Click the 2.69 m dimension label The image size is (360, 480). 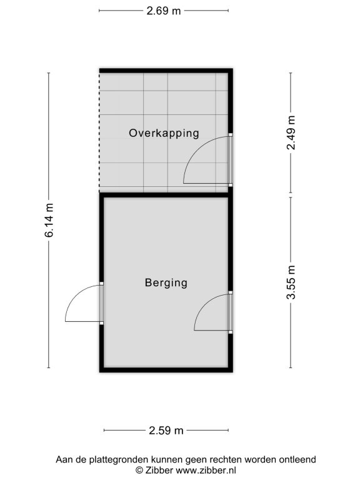[x=164, y=11]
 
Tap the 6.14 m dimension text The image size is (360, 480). [x=49, y=220]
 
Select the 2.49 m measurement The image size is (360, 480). [x=291, y=132]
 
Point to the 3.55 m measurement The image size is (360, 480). [x=291, y=282]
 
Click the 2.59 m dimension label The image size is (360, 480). [x=166, y=431]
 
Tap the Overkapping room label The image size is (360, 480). [x=164, y=133]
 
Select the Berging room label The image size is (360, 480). [x=166, y=282]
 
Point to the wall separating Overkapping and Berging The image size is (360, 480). [x=166, y=195]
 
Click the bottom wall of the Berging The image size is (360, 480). [x=166, y=370]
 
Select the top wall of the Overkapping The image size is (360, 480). [x=166, y=71]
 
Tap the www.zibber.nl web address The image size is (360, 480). [x=206, y=470]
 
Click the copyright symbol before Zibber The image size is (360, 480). [x=139, y=471]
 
